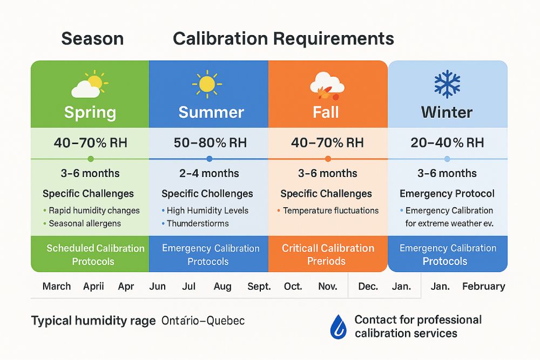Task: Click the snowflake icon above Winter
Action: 447,84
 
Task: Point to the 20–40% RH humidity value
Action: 447,142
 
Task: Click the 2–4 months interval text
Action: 209,173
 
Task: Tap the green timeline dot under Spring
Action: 91,159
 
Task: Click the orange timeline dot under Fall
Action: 328,159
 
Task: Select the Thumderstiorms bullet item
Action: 198,223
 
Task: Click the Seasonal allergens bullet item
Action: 85,223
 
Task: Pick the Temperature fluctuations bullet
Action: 330,210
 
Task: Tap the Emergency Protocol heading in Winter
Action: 447,193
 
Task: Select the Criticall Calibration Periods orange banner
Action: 328,255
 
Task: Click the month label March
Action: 57,286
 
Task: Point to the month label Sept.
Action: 259,286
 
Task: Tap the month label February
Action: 483,286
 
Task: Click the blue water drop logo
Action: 339,326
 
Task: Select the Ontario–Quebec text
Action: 203,321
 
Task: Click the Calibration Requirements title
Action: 283,39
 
